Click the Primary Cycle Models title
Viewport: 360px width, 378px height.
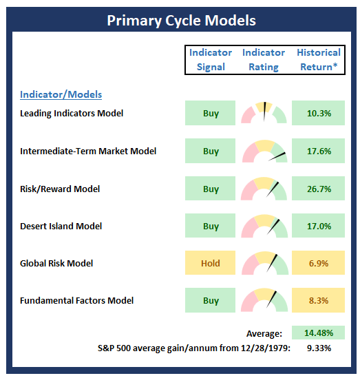(181, 20)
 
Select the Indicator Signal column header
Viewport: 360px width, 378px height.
(211, 59)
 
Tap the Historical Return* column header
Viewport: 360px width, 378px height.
(319, 59)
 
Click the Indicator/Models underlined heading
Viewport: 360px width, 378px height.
(61, 94)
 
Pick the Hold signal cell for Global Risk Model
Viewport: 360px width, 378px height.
(210, 263)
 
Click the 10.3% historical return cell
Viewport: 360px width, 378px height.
(318, 113)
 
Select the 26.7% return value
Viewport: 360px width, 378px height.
(319, 189)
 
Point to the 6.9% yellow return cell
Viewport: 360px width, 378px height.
(318, 263)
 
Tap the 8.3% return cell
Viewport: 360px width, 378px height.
(318, 300)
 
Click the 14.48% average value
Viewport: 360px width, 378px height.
(319, 333)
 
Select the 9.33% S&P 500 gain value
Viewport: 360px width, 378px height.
(319, 348)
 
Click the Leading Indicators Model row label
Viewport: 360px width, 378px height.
(72, 114)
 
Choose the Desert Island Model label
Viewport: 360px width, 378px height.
(61, 226)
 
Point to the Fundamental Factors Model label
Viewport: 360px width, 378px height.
(76, 301)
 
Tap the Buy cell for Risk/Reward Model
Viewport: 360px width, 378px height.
(210, 188)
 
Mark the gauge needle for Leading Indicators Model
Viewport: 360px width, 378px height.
(264, 112)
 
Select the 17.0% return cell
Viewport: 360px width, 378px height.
(318, 226)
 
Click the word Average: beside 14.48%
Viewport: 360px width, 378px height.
(264, 334)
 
